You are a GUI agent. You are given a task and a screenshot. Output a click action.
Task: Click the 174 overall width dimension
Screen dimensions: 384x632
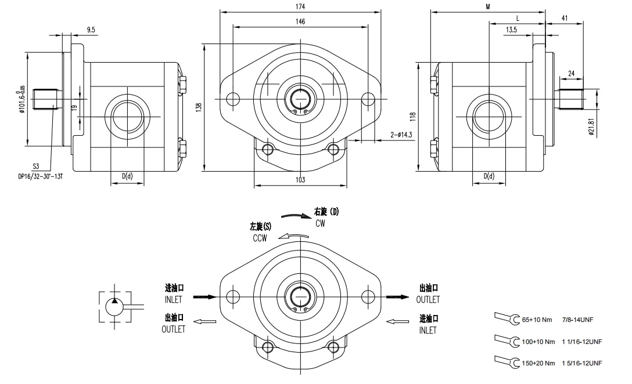tap(300, 6)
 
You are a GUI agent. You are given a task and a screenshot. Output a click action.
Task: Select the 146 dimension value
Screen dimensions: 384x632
tap(300, 21)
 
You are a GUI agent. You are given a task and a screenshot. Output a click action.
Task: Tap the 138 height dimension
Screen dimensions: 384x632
tap(199, 107)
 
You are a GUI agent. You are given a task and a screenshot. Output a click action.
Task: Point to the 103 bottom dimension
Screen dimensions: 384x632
tap(300, 180)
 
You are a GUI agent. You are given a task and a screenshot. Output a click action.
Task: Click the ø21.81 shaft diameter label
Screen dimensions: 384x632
tap(591, 127)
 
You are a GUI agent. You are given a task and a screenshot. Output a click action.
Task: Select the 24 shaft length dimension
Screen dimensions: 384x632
tap(571, 74)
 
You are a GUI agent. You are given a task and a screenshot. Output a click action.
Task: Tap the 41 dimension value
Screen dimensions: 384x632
tap(564, 19)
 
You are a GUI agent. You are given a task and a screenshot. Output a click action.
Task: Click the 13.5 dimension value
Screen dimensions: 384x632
tap(511, 29)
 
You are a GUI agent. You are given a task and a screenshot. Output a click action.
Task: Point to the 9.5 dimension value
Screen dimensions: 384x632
tap(91, 29)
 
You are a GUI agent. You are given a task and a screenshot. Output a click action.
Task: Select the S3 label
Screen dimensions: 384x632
tap(36, 166)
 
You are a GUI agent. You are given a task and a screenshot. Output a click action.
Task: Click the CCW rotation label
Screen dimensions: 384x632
tap(259, 238)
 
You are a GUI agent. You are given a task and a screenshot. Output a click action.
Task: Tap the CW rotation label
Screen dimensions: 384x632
tap(320, 223)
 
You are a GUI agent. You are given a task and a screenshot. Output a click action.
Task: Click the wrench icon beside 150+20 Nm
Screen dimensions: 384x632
tap(507, 362)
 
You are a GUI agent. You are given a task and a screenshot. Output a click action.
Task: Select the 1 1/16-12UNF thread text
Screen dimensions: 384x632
tap(581, 342)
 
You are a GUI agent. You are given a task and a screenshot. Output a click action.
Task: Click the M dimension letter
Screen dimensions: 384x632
tap(488, 6)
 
